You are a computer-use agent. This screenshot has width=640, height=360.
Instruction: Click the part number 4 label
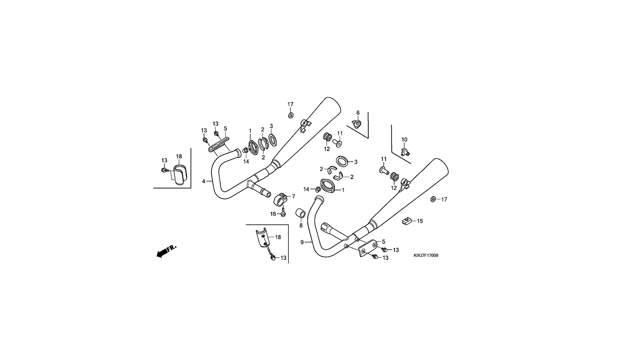[204, 181]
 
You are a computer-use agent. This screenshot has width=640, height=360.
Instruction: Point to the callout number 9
[302, 242]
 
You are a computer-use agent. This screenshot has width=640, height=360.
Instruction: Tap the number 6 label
[358, 113]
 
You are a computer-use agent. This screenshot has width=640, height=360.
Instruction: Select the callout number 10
[404, 140]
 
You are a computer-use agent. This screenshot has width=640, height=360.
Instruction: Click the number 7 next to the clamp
[293, 196]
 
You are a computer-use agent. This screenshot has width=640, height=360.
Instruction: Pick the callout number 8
[301, 226]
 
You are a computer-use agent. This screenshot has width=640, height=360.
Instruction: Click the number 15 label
[420, 221]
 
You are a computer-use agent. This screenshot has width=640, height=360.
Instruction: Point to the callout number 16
[274, 214]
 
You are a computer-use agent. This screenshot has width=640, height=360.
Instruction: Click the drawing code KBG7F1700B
[426, 255]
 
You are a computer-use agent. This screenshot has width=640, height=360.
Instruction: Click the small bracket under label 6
[357, 124]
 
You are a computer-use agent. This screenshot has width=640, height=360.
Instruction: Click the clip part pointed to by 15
[406, 221]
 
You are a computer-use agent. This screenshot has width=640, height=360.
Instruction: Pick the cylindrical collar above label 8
[301, 213]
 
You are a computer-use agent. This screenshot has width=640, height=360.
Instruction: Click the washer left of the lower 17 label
[433, 199]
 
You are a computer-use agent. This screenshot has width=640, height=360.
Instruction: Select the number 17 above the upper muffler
[290, 105]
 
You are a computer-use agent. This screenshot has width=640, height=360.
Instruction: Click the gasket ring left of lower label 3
[342, 161]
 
